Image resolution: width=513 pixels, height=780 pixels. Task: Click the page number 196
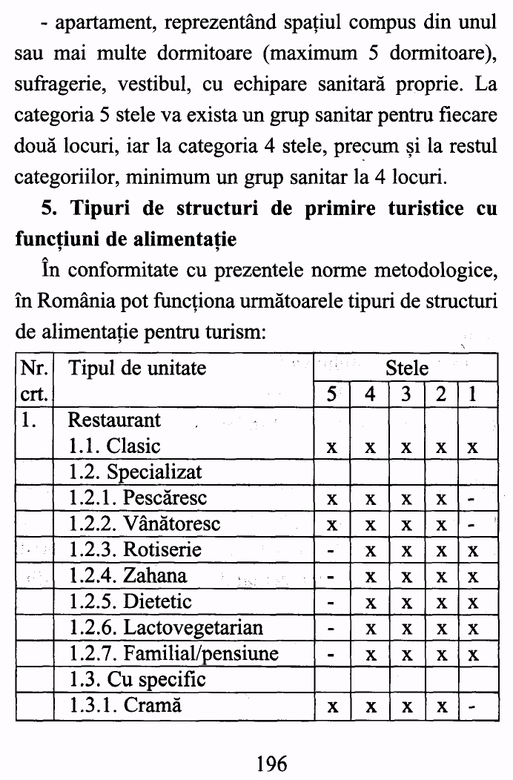click(271, 762)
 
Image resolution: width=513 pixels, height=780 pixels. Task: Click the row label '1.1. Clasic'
click(114, 446)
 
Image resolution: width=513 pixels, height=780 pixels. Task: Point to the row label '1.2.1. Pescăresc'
click(138, 498)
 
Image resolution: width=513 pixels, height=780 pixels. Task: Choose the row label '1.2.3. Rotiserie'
click(135, 549)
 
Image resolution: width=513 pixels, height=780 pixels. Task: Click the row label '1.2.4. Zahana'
click(128, 575)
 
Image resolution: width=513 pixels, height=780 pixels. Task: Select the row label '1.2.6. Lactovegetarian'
click(165, 628)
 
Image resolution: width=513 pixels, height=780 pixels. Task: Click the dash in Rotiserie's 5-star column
click(333, 551)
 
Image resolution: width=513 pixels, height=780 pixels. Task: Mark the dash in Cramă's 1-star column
click(472, 707)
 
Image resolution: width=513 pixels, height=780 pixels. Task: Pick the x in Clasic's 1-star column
click(472, 448)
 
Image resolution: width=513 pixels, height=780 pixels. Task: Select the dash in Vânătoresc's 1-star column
click(472, 525)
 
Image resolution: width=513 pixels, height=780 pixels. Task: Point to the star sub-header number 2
click(441, 394)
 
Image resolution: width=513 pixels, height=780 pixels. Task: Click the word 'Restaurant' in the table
click(113, 420)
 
